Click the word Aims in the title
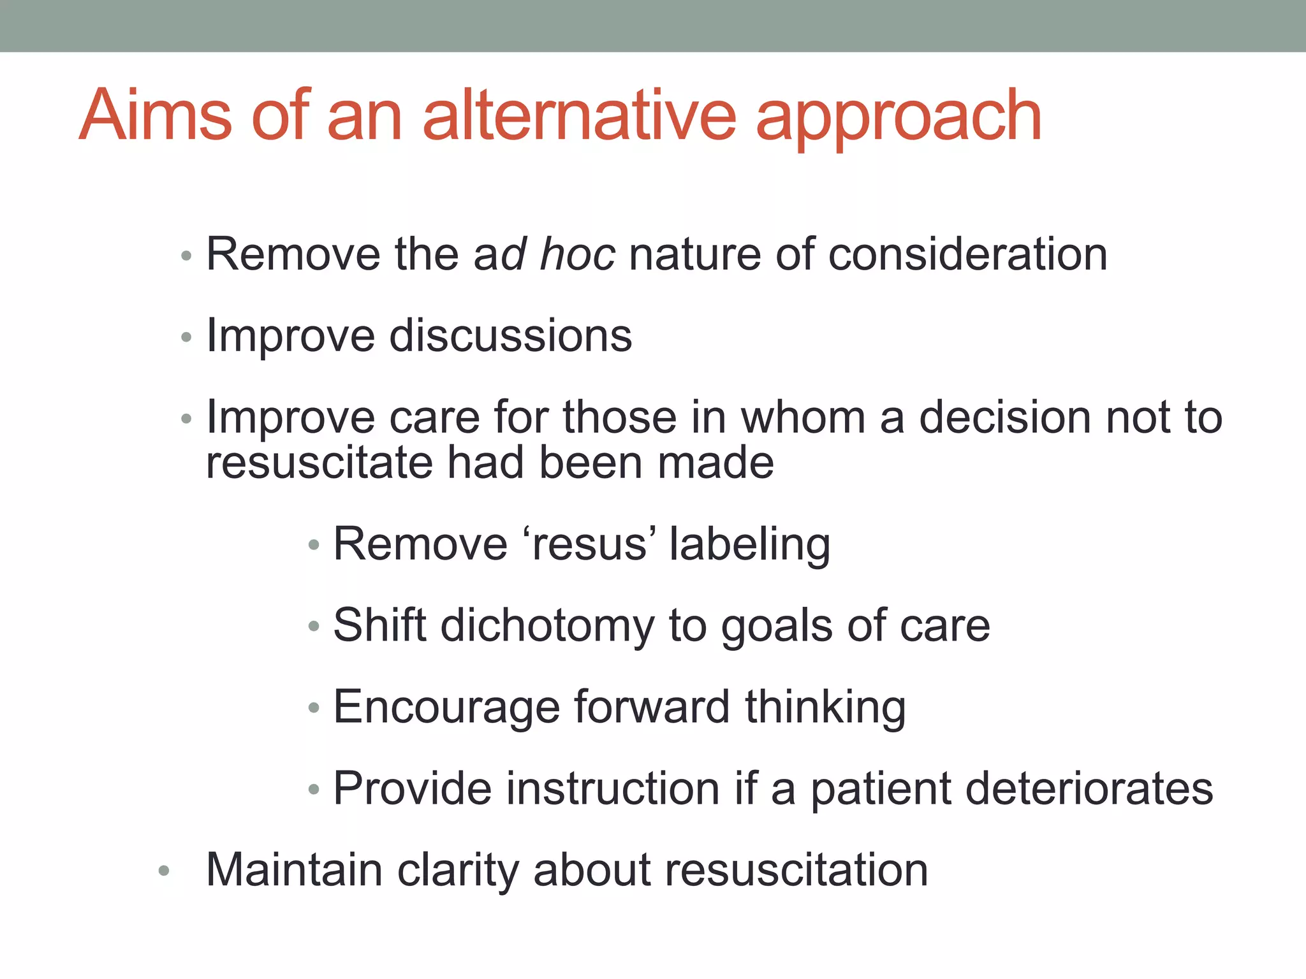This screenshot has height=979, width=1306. pyautogui.click(x=155, y=116)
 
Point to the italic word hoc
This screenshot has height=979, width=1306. pyautogui.click(x=577, y=254)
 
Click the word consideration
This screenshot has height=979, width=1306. pyautogui.click(x=967, y=254)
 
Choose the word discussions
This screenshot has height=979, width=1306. pyautogui.click(x=511, y=336)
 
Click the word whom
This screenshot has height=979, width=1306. pyautogui.click(x=803, y=417)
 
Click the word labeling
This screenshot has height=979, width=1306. pyautogui.click(x=749, y=546)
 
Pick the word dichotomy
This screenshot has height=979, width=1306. pyautogui.click(x=547, y=626)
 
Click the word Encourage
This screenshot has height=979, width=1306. pyautogui.click(x=446, y=708)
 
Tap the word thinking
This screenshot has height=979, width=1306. pyautogui.click(x=825, y=708)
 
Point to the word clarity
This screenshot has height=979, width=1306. pyautogui.click(x=458, y=871)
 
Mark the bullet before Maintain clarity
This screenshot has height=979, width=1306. pyautogui.click(x=164, y=871)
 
